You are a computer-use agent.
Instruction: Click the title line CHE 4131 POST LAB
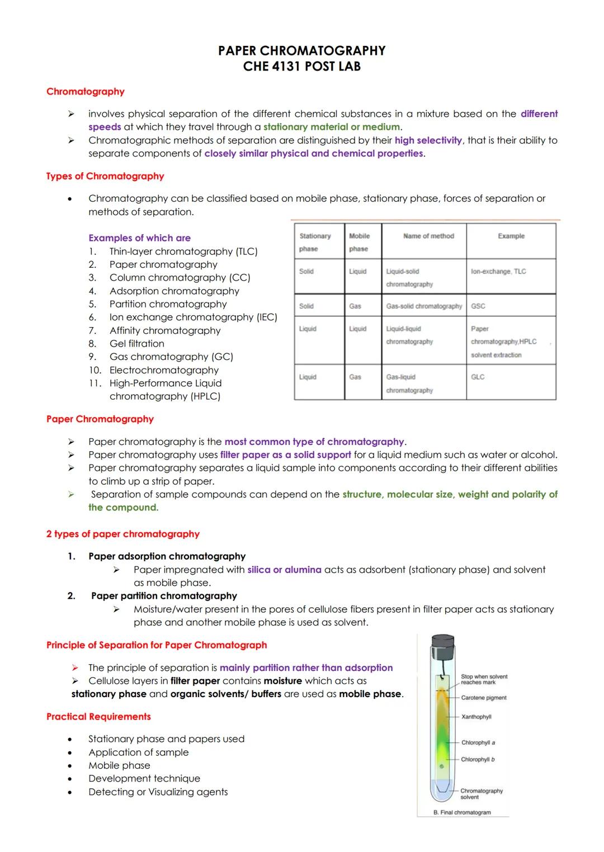pos(301,67)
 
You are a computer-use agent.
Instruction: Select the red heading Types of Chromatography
pos(105,176)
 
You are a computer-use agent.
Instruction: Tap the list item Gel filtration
pos(136,344)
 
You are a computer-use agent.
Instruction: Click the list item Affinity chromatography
pos(164,330)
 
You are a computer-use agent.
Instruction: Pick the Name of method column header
pos(428,236)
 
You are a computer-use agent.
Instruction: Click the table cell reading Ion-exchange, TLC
pos(498,271)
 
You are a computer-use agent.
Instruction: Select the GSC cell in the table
pos(478,306)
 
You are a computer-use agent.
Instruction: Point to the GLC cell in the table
pos(478,377)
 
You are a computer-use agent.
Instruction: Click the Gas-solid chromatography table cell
pos(424,306)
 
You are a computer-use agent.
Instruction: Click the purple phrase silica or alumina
pos(284,570)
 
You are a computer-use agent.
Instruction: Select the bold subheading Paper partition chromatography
pos(164,596)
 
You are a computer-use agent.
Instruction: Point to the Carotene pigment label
pos(484,698)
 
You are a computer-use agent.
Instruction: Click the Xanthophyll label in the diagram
pos(476,717)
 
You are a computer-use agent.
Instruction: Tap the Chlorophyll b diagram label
pos(478,760)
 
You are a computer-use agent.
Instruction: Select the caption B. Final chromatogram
pos(462,812)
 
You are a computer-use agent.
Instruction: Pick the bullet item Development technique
pos(144,779)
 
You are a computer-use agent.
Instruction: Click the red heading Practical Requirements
pos(98,717)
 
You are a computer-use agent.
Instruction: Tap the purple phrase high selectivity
pos(428,140)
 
